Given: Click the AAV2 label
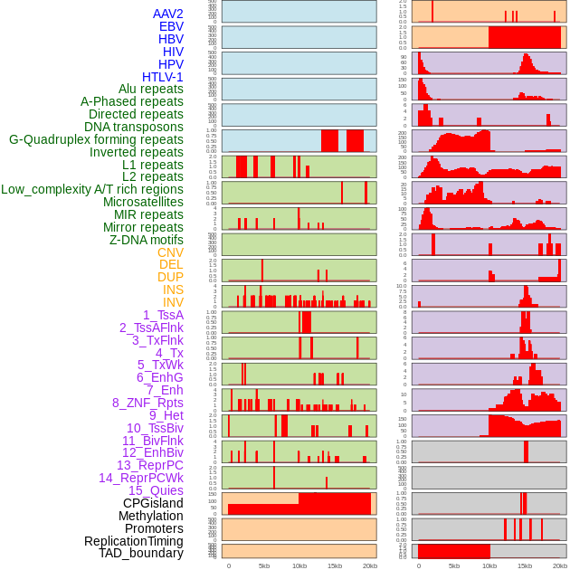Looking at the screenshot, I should (x=167, y=14).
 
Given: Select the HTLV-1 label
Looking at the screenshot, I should (x=162, y=77).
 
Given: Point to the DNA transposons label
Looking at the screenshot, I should (x=134, y=127).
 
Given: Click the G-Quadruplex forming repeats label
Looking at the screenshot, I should (x=96, y=139).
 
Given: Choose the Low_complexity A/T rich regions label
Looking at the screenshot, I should (x=92, y=189).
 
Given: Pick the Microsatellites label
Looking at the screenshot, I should (x=143, y=202).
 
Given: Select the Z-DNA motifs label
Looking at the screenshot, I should (x=146, y=240).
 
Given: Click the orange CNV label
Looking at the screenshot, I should (x=170, y=252).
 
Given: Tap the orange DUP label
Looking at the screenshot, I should (x=170, y=277).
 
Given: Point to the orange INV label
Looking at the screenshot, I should (x=173, y=302).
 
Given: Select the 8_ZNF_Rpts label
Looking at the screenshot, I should (x=147, y=403).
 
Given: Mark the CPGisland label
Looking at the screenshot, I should (x=153, y=503).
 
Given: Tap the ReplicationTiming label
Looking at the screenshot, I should (x=133, y=541).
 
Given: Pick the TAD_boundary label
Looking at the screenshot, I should (x=141, y=553).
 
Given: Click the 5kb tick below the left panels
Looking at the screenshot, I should (x=264, y=565).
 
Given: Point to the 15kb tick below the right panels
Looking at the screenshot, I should (x=524, y=565).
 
